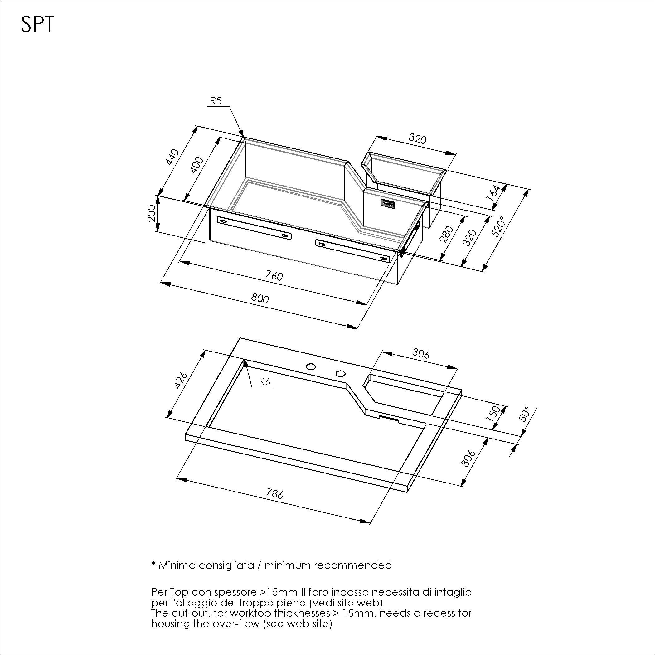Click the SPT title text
click(x=37, y=25)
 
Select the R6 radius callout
click(x=264, y=382)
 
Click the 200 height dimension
click(x=152, y=213)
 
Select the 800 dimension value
click(x=260, y=298)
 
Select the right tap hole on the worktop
click(x=340, y=373)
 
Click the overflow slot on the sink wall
click(x=387, y=204)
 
